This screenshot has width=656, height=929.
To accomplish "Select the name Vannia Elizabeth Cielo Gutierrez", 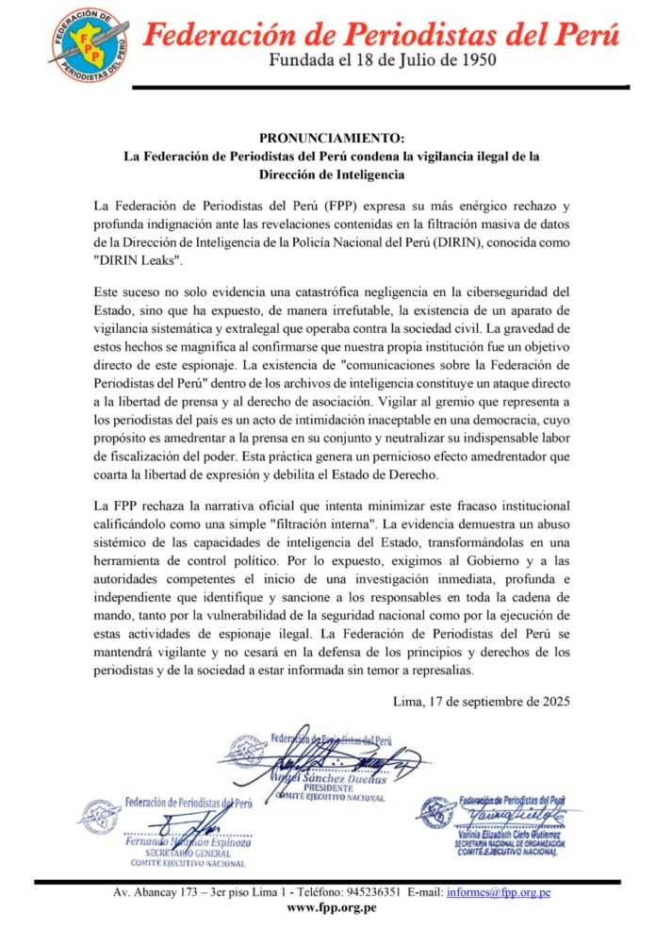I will [x=514, y=833].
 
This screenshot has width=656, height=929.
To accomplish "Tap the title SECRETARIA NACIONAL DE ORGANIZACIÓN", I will [x=515, y=842].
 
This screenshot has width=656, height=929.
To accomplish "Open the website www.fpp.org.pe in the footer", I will [x=331, y=907].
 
